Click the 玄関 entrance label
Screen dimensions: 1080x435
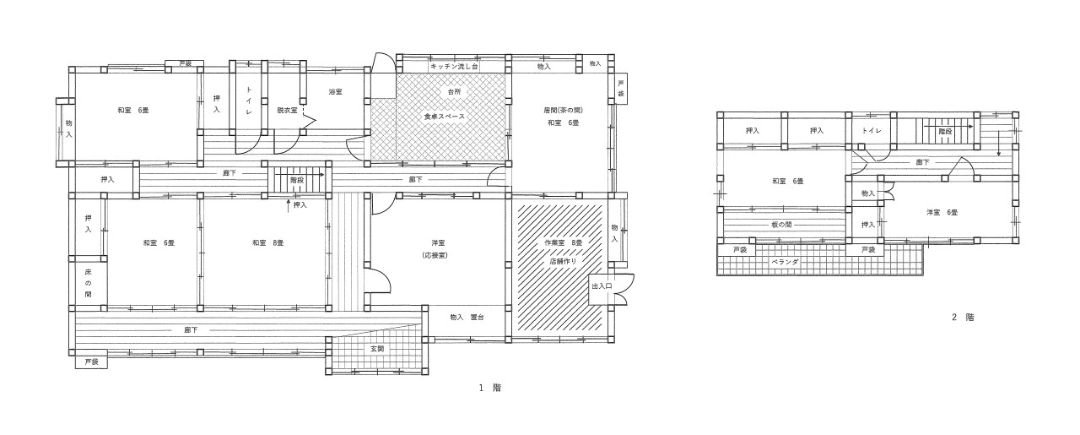click(x=377, y=349)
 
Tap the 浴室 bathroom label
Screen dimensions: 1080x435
click(x=336, y=92)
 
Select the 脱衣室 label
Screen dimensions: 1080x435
click(x=287, y=110)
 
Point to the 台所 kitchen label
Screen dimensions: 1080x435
click(x=454, y=91)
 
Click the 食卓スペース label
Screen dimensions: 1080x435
click(x=445, y=117)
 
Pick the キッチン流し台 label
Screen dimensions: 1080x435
click(x=454, y=67)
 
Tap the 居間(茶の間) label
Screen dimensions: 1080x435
click(x=563, y=110)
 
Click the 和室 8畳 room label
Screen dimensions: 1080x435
click(x=268, y=243)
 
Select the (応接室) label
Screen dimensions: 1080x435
click(x=435, y=255)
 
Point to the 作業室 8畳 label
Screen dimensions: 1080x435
click(x=563, y=243)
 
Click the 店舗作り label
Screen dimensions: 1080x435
click(x=563, y=261)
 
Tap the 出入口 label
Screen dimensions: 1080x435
click(x=602, y=285)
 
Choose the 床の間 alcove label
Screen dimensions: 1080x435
click(x=88, y=283)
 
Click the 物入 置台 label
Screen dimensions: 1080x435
click(x=467, y=318)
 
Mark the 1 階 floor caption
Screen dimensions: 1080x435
click(x=490, y=387)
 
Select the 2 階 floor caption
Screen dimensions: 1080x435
click(x=963, y=318)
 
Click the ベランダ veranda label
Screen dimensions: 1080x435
click(x=785, y=262)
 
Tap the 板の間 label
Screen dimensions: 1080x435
click(x=781, y=225)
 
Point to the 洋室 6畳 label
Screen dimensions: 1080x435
click(x=942, y=212)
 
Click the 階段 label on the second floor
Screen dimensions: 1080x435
click(x=945, y=131)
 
